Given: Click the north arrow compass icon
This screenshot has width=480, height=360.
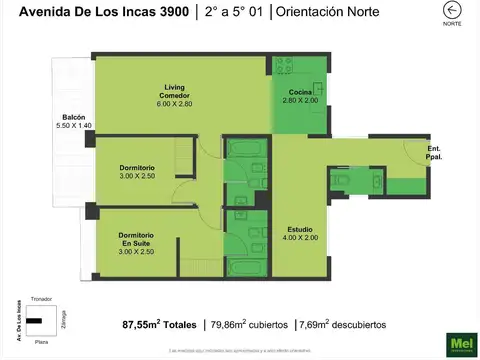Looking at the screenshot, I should pyautogui.click(x=452, y=11).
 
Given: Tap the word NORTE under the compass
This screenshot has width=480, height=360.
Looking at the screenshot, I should pyautogui.click(x=452, y=25).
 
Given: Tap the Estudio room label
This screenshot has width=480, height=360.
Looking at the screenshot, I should pyautogui.click(x=299, y=228).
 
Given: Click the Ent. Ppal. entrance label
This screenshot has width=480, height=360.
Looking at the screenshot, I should pyautogui.click(x=435, y=153).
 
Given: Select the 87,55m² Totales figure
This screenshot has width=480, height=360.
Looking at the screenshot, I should pyautogui.click(x=160, y=325).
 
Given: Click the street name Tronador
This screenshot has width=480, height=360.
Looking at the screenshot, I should pyautogui.click(x=42, y=299).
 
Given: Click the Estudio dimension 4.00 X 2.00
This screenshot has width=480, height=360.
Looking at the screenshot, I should pyautogui.click(x=299, y=238).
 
